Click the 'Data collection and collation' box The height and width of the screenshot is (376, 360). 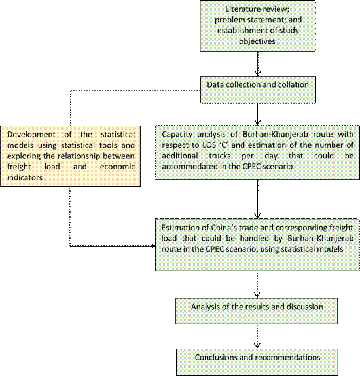tap(258, 90)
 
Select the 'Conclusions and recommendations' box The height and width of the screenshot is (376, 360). tap(257, 362)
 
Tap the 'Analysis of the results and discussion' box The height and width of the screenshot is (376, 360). tap(257, 311)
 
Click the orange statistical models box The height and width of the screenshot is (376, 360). tap(70, 156)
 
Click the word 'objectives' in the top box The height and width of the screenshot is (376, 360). tap(257, 41)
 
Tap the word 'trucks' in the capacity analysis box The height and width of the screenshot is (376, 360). tap(220, 156)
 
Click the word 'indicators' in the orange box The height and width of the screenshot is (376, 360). tap(25, 177)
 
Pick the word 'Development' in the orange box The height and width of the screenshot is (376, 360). tap(31, 135)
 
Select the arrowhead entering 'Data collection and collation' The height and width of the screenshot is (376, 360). tap(257, 73)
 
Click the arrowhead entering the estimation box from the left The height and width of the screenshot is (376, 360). tap(153, 246)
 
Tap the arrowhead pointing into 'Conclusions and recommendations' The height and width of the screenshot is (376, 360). tap(257, 345)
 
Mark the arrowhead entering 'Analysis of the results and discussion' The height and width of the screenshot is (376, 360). tap(257, 295)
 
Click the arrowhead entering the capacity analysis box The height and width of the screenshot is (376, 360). tap(257, 122)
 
